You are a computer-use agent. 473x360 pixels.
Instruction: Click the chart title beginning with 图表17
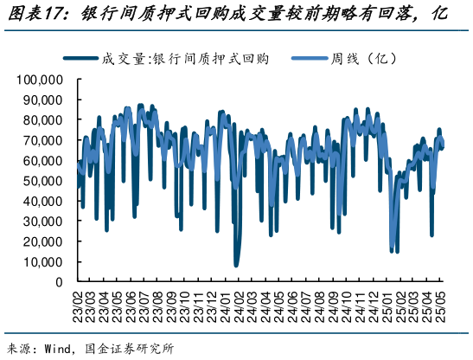[227, 15]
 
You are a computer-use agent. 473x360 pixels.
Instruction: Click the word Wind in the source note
[54, 350]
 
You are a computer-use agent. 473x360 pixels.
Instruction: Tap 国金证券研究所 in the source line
[129, 350]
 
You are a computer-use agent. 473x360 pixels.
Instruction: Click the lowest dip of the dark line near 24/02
[236, 265]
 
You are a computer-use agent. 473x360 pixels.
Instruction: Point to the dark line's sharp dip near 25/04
[431, 235]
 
